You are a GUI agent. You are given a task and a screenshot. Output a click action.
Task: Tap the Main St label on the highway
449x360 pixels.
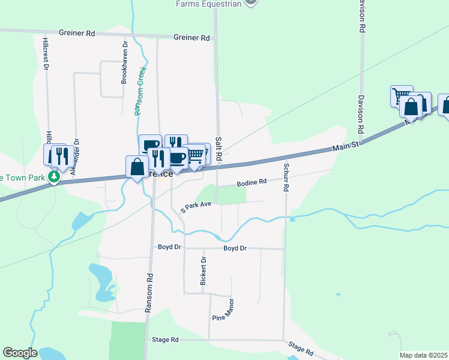[x=346, y=146]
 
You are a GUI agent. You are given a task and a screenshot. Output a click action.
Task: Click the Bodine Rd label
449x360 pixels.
[x=251, y=182]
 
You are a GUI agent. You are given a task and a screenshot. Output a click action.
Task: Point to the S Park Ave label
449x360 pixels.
[x=196, y=206]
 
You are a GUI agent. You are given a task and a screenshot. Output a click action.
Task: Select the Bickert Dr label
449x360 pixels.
[x=203, y=271]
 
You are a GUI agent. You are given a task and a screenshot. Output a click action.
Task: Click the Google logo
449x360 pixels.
[x=20, y=353]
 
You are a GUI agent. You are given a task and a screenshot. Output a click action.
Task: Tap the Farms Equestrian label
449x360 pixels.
[x=209, y=4]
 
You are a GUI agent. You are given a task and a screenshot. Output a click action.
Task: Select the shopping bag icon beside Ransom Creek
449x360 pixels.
[x=137, y=166]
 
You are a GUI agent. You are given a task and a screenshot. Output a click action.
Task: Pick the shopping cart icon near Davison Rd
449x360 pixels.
[x=402, y=95]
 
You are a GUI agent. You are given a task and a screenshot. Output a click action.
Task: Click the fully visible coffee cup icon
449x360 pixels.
[x=177, y=157]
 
